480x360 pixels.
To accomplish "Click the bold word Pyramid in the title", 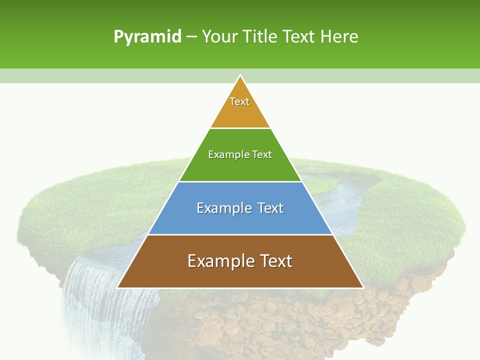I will [x=147, y=37].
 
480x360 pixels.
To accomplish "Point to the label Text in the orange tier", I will [x=239, y=101].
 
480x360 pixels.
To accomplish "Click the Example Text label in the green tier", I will [x=240, y=154].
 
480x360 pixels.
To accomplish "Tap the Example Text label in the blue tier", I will [x=240, y=208].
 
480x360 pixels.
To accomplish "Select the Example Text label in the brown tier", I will [x=240, y=261].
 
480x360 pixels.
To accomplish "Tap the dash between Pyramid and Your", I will [x=191, y=37].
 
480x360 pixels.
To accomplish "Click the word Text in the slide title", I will [x=299, y=36].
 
